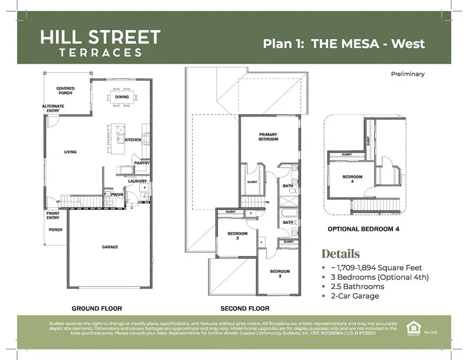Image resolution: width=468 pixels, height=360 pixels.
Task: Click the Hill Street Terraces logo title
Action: pos(100,43)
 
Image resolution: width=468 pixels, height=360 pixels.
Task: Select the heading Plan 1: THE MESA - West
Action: pos(344,43)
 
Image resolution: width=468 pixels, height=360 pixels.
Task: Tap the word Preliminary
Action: pos(407,74)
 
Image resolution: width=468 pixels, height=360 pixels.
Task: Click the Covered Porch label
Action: pos(66,91)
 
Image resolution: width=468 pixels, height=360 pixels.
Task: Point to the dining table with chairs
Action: pos(123,97)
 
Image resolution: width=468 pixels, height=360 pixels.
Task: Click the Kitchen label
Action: pos(133,140)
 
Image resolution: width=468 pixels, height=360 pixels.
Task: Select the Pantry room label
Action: pos(141,163)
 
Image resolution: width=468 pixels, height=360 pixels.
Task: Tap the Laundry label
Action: pos(137,181)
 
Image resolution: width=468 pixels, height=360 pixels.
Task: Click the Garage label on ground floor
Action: pos(110,247)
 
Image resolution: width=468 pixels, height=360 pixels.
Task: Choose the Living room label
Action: pos(70,152)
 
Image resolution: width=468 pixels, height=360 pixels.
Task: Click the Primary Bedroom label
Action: pos(268,137)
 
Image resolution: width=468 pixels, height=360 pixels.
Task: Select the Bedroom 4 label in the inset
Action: pos(352,179)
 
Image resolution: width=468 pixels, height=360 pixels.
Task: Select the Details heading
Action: pos(341,254)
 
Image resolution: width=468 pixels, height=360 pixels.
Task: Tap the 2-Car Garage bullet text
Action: pos(355,296)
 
